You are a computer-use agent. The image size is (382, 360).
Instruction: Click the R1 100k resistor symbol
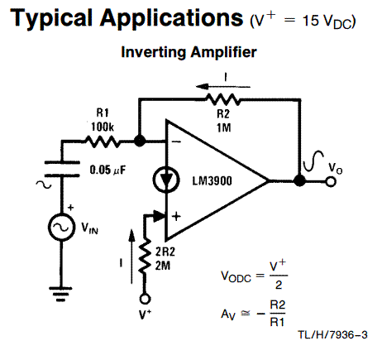[103, 142]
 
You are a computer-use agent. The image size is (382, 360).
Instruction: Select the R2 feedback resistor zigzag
[223, 99]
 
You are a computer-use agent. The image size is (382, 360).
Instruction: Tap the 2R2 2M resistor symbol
[145, 256]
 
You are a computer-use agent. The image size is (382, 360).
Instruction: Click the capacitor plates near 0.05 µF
[62, 169]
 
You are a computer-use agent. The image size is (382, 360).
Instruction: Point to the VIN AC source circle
[61, 227]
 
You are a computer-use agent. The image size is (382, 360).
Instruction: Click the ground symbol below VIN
[61, 294]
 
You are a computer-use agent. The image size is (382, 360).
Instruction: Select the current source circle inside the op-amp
[166, 180]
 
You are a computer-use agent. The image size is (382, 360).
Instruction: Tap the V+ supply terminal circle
[145, 300]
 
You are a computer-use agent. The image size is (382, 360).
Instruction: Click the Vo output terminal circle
[331, 182]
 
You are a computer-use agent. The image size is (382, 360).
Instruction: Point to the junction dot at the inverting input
[140, 142]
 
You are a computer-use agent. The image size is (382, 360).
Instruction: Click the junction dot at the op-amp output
[299, 181]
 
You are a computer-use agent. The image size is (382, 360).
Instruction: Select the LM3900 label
[212, 181]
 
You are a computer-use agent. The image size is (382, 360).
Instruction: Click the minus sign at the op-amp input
[176, 142]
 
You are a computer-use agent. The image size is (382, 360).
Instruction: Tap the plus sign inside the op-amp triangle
[176, 216]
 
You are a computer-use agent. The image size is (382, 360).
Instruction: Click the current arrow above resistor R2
[223, 87]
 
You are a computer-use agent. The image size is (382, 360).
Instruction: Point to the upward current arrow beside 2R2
[132, 257]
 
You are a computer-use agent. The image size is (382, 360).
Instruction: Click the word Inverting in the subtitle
[154, 53]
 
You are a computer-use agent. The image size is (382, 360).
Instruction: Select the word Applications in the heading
[171, 18]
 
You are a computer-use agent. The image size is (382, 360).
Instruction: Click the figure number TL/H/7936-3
[332, 335]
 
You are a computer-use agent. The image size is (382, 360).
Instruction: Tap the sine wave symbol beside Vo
[313, 161]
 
